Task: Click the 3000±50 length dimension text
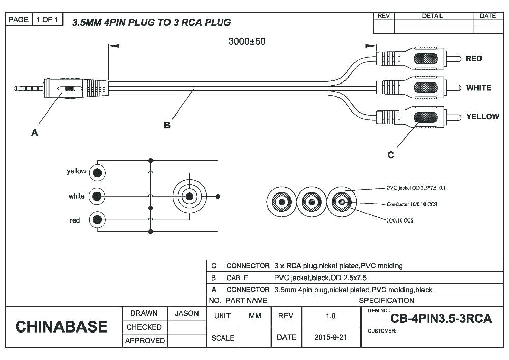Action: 246,41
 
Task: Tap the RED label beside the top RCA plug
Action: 473,59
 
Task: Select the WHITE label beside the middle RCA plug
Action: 478,88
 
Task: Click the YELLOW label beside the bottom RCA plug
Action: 482,117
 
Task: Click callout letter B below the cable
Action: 166,125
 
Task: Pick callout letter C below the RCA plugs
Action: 390,155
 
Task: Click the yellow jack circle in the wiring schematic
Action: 97,173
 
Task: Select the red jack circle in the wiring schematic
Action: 97,220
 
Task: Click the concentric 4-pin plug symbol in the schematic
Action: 189,196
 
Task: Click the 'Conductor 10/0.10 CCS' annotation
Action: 412,204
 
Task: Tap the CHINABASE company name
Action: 62,327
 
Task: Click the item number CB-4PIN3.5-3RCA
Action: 441,319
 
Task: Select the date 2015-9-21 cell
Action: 330,337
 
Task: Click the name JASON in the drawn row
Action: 187,313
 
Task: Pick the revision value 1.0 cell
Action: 330,316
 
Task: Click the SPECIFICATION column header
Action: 386,300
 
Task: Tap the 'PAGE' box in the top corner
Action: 18,19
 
